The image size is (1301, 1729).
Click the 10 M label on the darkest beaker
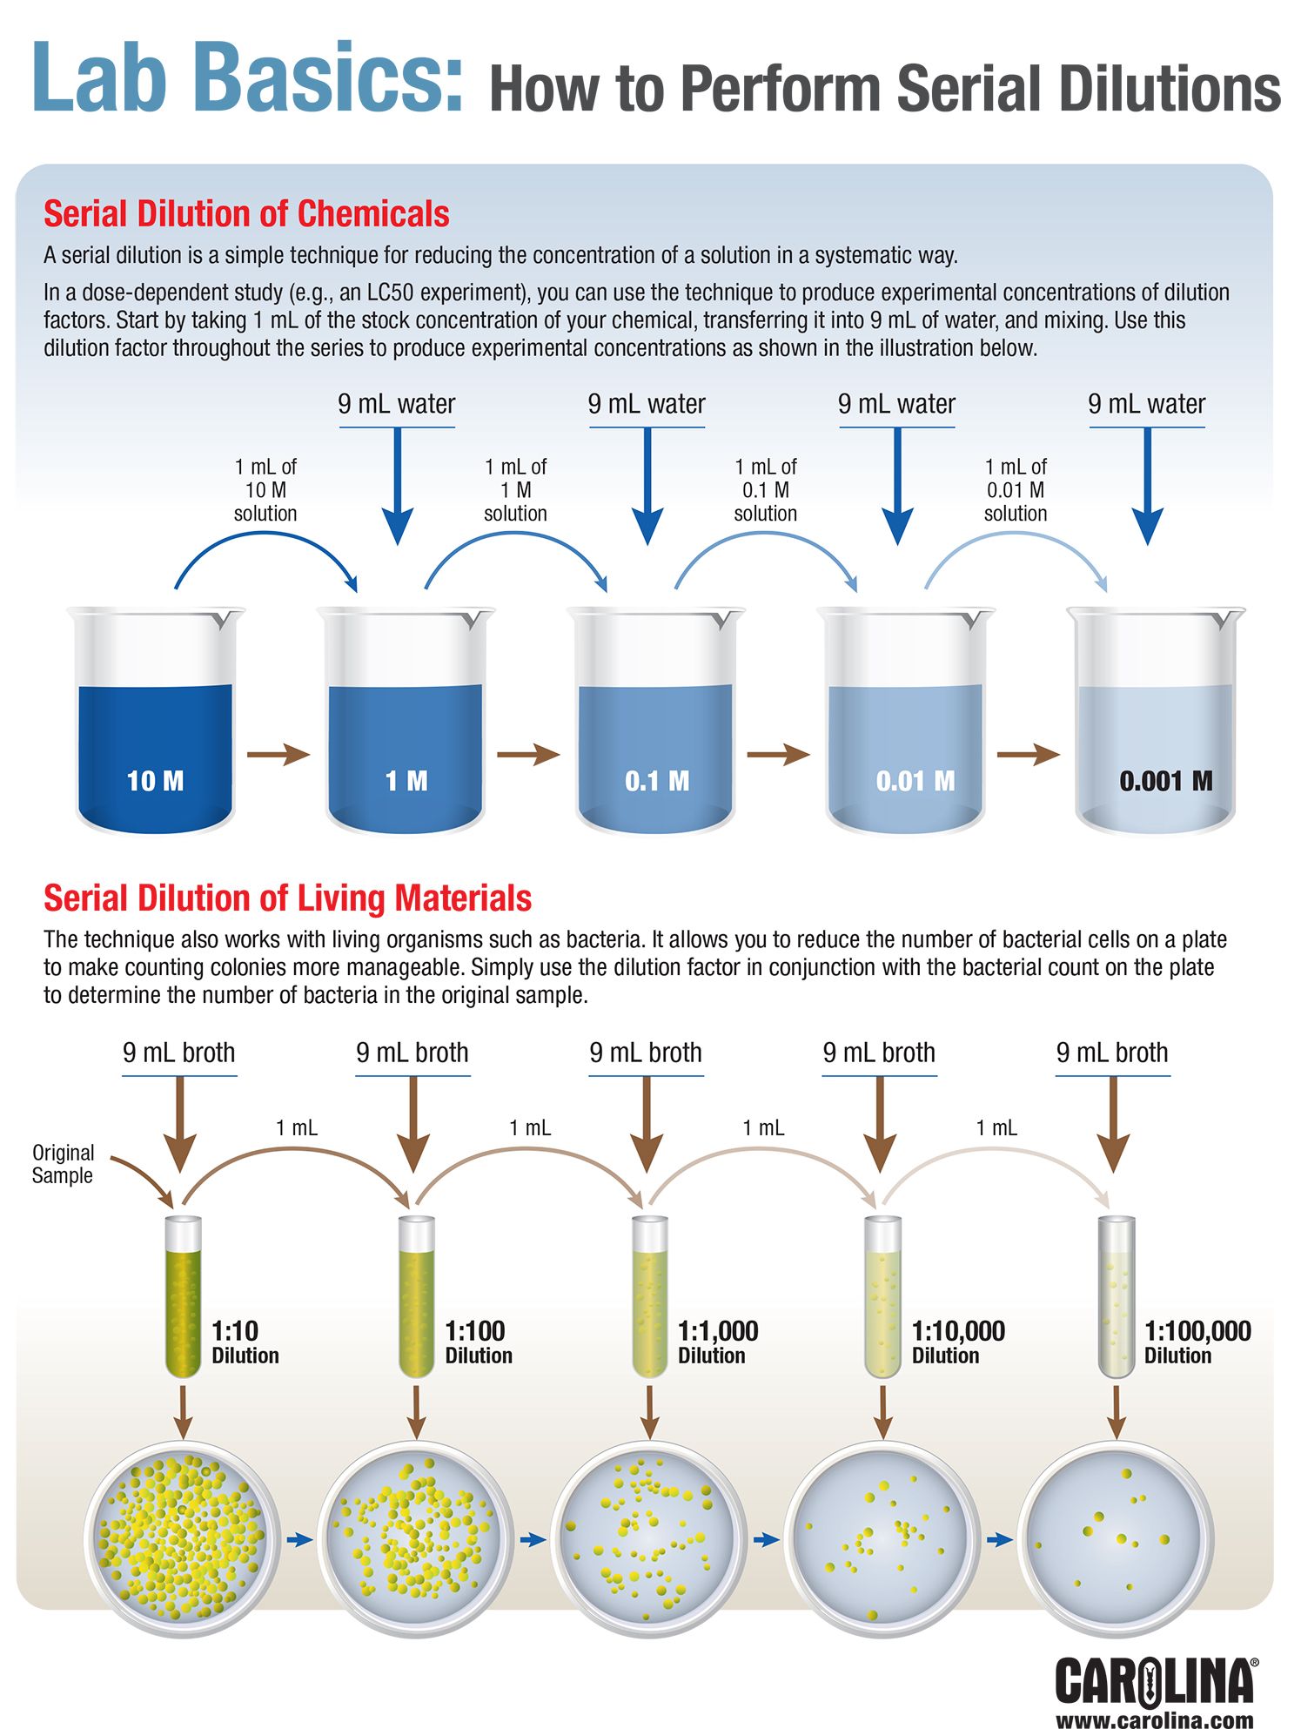pyautogui.click(x=155, y=781)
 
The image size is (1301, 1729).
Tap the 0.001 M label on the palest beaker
pyautogui.click(x=1165, y=781)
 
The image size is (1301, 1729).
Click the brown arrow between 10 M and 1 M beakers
pyautogui.click(x=278, y=754)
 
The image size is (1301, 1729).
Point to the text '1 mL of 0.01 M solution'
pyautogui.click(x=1016, y=490)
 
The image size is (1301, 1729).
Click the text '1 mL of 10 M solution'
pyautogui.click(x=265, y=490)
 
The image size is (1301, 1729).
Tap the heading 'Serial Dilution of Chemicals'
pyautogui.click(x=246, y=214)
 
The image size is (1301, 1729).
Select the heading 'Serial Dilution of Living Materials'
pyautogui.click(x=287, y=898)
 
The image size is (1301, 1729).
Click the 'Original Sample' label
pyautogui.click(x=63, y=1164)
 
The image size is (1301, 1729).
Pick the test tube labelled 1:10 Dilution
pyautogui.click(x=183, y=1297)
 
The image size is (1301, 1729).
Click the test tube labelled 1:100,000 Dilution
pyautogui.click(x=1117, y=1297)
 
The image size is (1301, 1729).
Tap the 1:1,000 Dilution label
pyautogui.click(x=717, y=1342)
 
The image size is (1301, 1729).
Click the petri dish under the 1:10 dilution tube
pyautogui.click(x=181, y=1539)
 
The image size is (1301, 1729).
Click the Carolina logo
pyautogui.click(x=1156, y=1681)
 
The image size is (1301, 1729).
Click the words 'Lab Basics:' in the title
pyautogui.click(x=247, y=78)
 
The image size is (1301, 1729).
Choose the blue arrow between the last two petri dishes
pyautogui.click(x=1000, y=1540)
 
